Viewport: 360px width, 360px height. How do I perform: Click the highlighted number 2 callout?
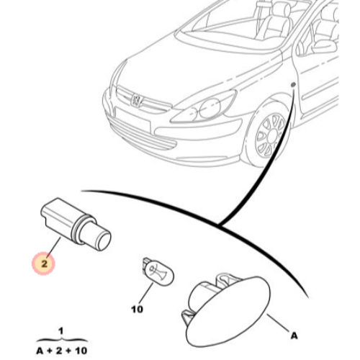(x=44, y=264)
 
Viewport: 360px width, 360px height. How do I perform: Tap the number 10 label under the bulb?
(x=137, y=309)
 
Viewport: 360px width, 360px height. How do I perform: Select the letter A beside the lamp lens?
(x=294, y=336)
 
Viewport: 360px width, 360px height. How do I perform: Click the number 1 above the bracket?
(x=61, y=331)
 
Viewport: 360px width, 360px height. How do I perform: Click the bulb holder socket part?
(x=76, y=224)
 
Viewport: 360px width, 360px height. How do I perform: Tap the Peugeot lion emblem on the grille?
(x=136, y=99)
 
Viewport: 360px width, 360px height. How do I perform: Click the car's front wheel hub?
(x=271, y=135)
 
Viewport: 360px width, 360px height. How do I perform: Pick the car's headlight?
(x=204, y=107)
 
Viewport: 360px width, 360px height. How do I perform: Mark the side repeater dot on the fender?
(x=293, y=85)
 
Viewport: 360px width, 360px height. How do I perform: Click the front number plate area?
(x=132, y=120)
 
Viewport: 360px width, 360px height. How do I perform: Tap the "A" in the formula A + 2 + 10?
(x=40, y=351)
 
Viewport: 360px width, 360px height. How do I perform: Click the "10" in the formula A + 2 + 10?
(x=81, y=351)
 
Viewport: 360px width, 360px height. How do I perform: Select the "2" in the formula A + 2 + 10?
(x=59, y=351)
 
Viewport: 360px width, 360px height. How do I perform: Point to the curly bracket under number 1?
(x=62, y=340)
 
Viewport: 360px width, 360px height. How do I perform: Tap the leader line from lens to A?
(x=278, y=323)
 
